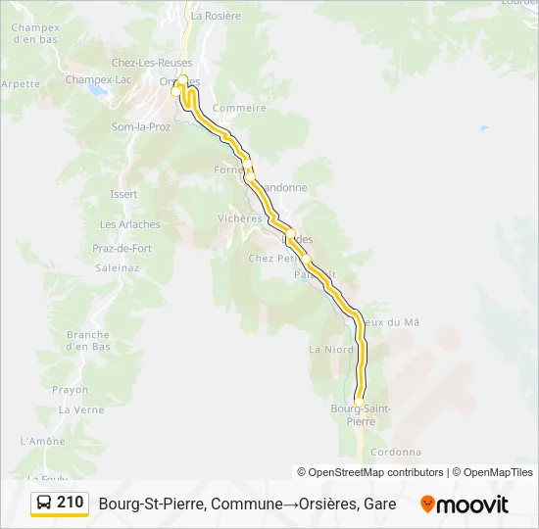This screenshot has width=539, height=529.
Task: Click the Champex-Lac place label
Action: click(97, 79)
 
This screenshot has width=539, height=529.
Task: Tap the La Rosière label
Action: click(216, 16)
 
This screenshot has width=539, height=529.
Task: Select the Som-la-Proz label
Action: click(141, 127)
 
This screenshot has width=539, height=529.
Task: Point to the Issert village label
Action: click(123, 194)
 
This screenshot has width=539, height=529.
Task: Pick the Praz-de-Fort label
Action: click(122, 249)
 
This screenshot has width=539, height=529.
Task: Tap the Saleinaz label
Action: click(117, 267)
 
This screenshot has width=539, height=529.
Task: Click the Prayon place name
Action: click(70, 390)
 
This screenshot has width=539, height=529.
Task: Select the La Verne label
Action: click(81, 409)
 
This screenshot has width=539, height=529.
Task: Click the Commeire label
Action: click(239, 108)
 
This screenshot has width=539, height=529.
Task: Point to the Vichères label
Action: click(239, 218)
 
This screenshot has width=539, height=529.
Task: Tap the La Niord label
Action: click(331, 349)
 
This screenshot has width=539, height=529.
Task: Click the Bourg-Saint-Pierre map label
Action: click(361, 413)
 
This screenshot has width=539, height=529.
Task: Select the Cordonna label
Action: click(397, 452)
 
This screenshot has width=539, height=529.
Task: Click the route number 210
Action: click(70, 503)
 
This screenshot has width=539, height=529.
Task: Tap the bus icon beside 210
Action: click(44, 504)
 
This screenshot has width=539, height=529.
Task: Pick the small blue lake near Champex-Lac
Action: click(98, 89)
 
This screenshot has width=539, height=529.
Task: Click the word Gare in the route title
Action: click(378, 505)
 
